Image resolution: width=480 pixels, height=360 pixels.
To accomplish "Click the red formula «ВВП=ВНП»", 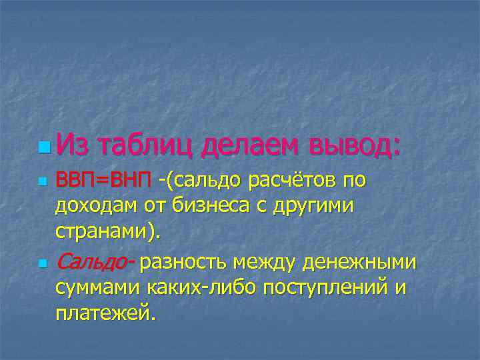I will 103,180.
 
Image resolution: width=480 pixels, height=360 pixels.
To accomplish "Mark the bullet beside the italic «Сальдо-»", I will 43,263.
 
